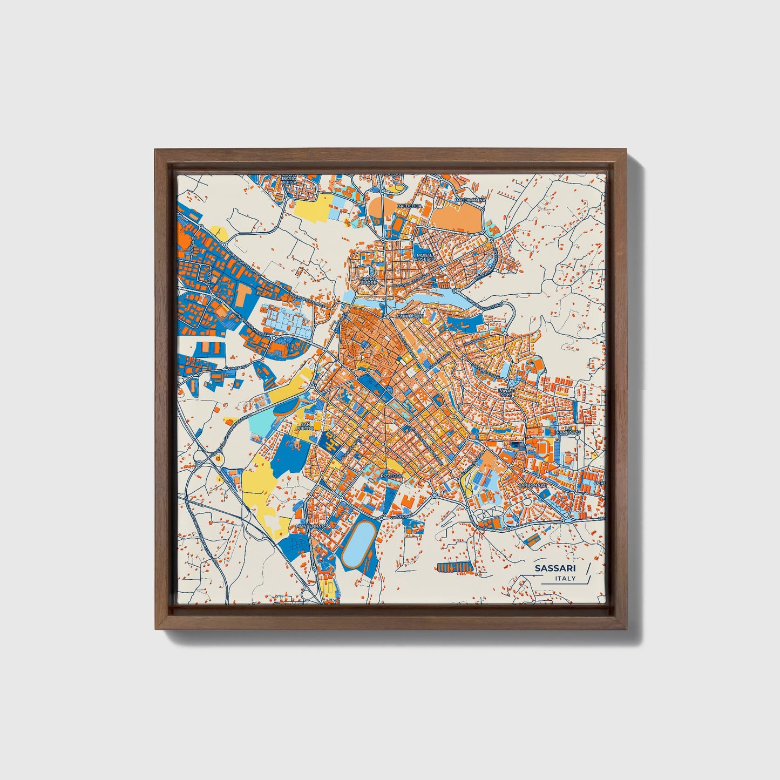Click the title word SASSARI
tap(555, 568)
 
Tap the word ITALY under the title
tap(565, 579)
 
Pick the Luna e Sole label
tap(506, 392)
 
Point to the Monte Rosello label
tap(424, 257)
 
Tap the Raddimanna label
tap(470, 200)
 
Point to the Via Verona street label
tap(401, 517)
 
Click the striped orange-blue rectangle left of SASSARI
tap(455, 567)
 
